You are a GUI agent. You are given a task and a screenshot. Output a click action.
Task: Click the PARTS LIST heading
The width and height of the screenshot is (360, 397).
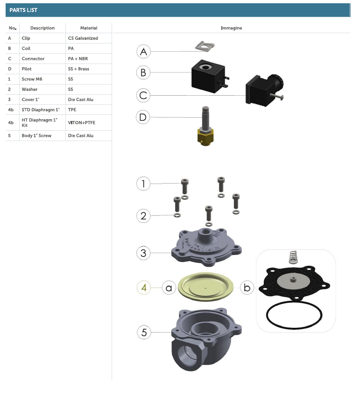23,10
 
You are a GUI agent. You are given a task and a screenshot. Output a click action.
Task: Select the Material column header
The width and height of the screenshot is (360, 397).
89,28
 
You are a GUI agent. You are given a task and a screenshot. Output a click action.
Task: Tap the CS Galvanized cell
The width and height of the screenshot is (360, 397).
83,38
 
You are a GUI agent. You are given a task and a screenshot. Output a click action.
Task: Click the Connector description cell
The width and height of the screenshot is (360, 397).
33,59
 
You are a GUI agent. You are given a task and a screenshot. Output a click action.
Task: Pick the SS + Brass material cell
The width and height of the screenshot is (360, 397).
78,69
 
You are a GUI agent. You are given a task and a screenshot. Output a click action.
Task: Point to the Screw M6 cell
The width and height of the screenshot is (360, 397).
32,79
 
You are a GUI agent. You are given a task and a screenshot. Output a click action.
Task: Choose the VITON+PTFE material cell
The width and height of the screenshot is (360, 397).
82,122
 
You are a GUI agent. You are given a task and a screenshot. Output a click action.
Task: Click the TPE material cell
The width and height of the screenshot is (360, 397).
72,110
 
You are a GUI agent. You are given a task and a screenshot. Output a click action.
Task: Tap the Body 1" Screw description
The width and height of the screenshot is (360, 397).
36,136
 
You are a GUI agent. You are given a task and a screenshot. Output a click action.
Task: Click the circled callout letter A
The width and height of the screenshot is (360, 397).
143,51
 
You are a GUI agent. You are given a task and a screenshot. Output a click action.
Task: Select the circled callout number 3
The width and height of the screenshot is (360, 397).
143,253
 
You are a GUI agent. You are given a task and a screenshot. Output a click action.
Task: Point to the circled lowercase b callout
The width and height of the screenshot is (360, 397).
247,288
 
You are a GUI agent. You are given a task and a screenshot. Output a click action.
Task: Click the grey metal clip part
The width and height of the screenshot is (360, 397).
205,46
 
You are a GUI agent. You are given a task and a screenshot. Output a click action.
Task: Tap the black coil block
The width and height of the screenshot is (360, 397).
208,76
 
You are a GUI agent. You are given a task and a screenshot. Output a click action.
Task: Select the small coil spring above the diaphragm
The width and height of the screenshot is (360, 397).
293,257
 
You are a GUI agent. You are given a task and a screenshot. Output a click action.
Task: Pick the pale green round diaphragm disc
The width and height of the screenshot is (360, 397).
205,287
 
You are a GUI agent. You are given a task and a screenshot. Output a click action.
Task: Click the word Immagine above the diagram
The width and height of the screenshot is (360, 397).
232,28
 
